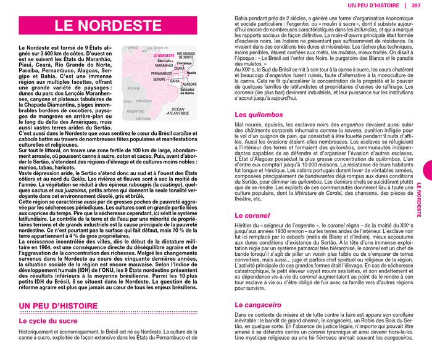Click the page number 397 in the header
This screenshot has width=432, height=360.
(417, 5)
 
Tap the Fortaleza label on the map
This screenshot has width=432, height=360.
(184, 63)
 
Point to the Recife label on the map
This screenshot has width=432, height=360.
(191, 73)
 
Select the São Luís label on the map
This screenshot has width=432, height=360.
(165, 61)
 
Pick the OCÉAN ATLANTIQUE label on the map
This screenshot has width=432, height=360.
(178, 111)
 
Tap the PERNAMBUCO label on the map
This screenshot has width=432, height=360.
(162, 73)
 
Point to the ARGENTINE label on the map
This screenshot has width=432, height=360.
(135, 111)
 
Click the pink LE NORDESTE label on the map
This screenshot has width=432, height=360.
(163, 55)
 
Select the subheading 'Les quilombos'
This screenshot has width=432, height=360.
(259, 115)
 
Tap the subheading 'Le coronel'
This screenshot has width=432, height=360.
(252, 216)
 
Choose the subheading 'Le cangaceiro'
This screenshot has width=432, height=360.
(258, 305)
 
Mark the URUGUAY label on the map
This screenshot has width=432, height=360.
(143, 118)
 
